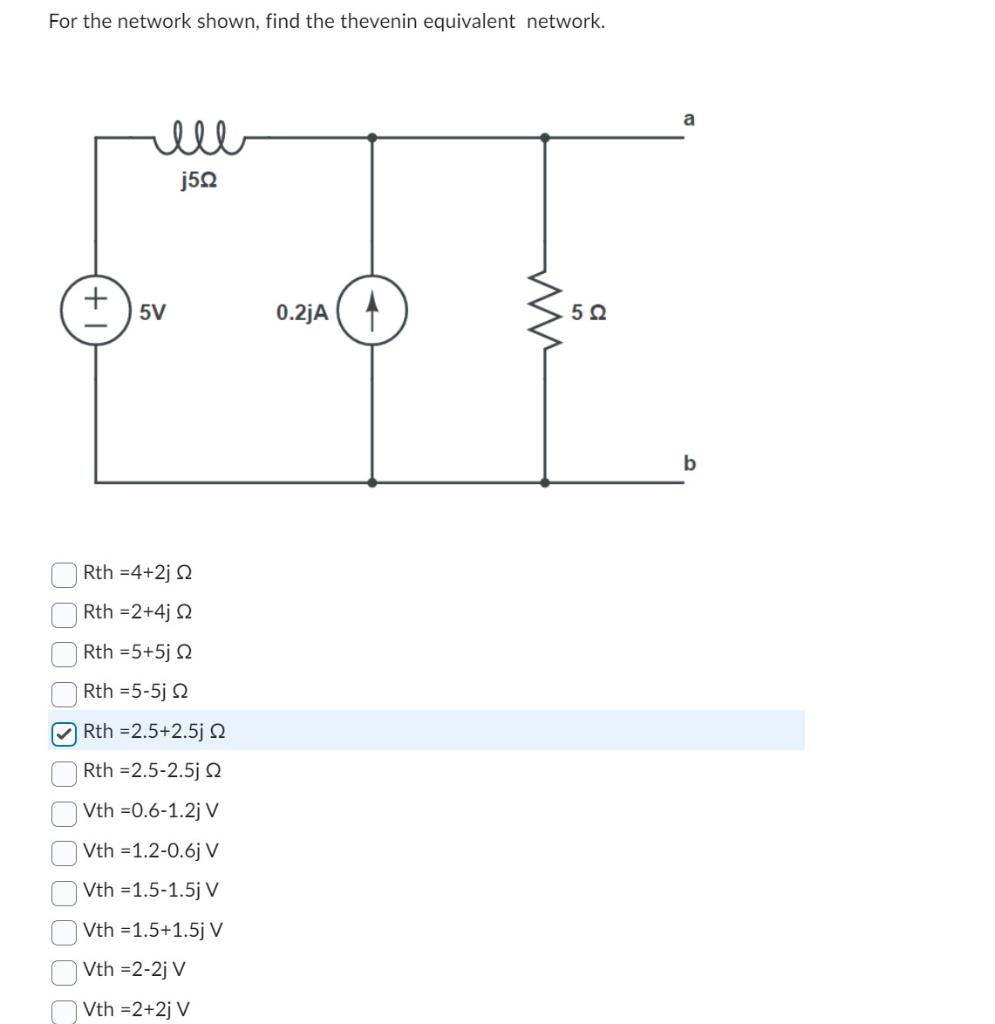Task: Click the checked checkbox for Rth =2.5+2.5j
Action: click(64, 733)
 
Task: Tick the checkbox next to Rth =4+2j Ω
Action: click(64, 574)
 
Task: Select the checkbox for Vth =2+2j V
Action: click(64, 1010)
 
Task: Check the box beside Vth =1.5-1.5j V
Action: click(64, 891)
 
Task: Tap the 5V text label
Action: click(153, 312)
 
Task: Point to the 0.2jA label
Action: click(302, 313)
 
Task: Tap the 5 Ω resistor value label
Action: click(589, 312)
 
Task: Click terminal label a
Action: click(688, 119)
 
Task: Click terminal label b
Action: click(688, 463)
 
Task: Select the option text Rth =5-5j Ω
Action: click(137, 691)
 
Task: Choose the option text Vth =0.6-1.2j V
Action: click(151, 811)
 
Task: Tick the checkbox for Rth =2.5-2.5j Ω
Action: click(64, 772)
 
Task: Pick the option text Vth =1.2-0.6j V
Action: click(151, 851)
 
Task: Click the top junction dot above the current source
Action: click(372, 137)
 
